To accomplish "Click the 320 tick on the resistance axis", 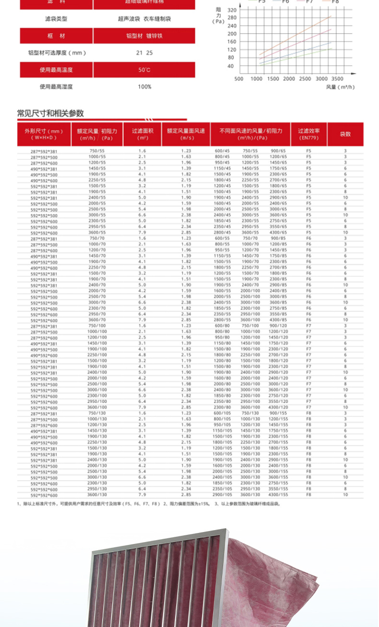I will [x=232, y=10].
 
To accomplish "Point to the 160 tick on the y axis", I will [x=232, y=42].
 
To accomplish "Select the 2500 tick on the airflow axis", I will [x=305, y=79].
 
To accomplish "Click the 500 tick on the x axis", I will [x=239, y=79].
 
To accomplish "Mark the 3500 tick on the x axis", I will [x=337, y=79].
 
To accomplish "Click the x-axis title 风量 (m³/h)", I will [x=340, y=87].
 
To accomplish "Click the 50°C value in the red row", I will [x=144, y=70].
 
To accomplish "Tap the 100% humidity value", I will [x=144, y=87].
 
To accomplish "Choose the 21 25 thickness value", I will [x=144, y=53].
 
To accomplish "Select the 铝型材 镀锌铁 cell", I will [x=144, y=36].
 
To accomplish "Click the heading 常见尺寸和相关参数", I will [x=50, y=113].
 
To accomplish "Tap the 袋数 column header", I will [x=345, y=134].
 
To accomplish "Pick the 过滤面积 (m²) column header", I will [x=142, y=134].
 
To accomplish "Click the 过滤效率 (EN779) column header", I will [x=309, y=134].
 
